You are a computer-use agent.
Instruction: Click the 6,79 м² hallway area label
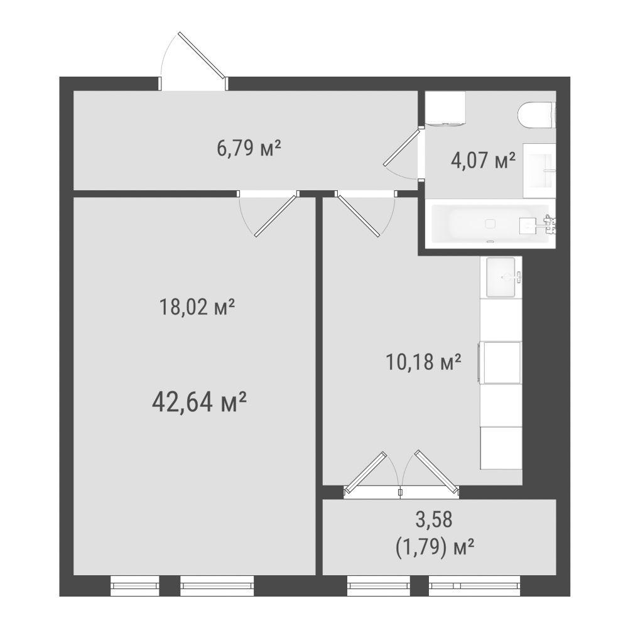coord(248,149)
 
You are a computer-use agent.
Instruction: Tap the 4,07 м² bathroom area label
coord(482,161)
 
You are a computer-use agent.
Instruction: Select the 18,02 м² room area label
coord(197,307)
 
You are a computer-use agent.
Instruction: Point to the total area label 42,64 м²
coord(198,402)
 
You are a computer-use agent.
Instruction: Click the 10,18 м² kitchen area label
coord(423,362)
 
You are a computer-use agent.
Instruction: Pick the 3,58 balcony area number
coord(434,519)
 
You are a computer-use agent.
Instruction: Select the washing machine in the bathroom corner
coord(445,109)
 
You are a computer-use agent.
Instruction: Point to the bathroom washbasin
coord(539,171)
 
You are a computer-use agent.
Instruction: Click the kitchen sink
coord(501,277)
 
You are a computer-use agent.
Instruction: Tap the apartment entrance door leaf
coord(203,55)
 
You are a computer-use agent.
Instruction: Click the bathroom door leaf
coord(403,147)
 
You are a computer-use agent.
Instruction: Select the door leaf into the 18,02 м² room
coord(277,215)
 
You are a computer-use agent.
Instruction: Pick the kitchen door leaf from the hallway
coord(357,214)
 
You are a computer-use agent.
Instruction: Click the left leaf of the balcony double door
coord(365,472)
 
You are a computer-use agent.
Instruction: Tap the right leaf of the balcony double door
coord(437,472)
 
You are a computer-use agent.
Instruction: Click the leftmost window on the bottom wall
coord(135,586)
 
